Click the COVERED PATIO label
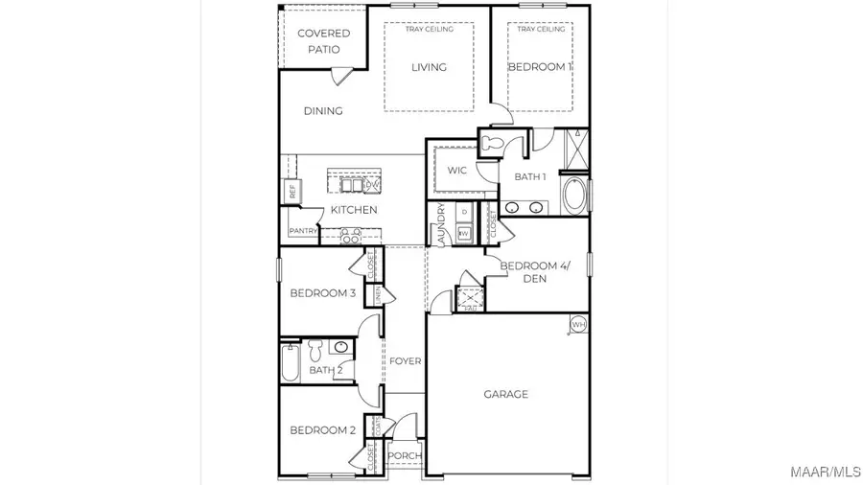(x=323, y=40)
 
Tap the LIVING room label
(x=429, y=67)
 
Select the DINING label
(x=323, y=111)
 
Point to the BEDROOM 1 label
(x=539, y=67)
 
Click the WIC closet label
(x=457, y=171)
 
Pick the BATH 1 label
(x=530, y=176)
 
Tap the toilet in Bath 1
(x=494, y=144)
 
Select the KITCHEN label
(x=354, y=210)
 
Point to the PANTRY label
(x=303, y=231)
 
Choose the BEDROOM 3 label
(x=323, y=292)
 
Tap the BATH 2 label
(x=326, y=370)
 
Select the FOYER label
(x=405, y=361)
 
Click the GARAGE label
(x=505, y=394)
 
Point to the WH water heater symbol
(x=578, y=325)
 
